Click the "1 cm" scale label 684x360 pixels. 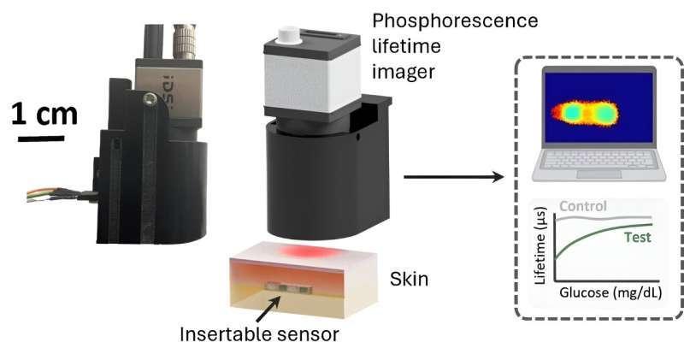44,114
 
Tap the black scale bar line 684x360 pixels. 41,139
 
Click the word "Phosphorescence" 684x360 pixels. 455,21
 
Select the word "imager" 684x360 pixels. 404,72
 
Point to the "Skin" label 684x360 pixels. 409,279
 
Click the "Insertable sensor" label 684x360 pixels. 259,334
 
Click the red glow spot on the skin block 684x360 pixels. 308,251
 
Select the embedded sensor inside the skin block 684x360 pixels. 289,287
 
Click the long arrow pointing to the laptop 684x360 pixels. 454,177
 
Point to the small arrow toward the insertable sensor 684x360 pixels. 268,310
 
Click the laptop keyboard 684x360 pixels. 598,160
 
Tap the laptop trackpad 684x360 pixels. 599,174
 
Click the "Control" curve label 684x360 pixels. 583,206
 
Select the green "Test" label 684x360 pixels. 637,238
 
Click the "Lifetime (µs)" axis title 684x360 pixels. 540,245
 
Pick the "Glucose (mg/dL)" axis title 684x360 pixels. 610,292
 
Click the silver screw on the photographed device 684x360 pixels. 150,100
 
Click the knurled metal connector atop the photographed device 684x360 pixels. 184,40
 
